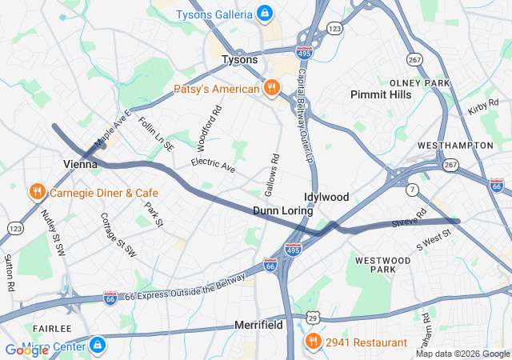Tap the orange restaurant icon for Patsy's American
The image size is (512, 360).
click(x=272, y=89)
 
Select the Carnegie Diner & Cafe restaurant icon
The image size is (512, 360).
click(x=37, y=193)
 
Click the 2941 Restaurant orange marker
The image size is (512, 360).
click(x=313, y=342)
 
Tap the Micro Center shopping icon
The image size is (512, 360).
click(x=97, y=346)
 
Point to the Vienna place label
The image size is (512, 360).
click(x=80, y=163)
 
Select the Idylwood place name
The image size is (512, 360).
click(x=326, y=197)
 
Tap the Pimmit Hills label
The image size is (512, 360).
click(x=381, y=94)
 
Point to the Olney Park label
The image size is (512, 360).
click(x=420, y=83)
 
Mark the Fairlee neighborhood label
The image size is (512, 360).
click(x=52, y=329)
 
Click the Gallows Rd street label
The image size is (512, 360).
click(x=273, y=175)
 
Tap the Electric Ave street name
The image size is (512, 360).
click(x=213, y=165)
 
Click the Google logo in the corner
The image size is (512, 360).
click(x=26, y=350)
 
